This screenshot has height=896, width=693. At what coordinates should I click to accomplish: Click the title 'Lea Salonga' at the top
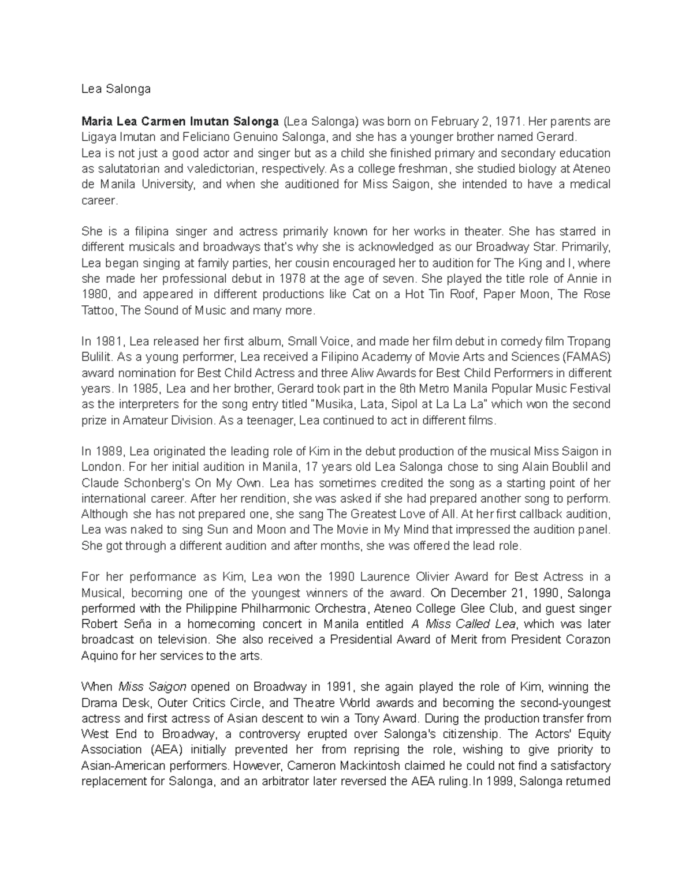pyautogui.click(x=116, y=89)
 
